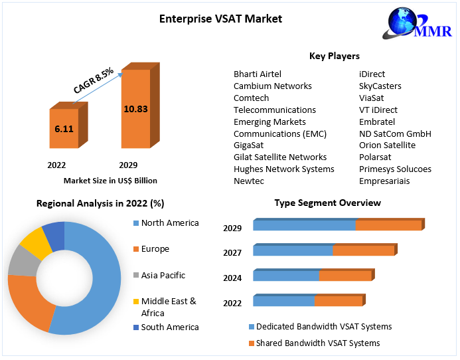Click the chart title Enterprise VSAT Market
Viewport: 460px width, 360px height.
pos(220,19)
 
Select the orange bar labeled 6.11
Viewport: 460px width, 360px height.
pos(64,128)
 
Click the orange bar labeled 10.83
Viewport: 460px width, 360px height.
pos(135,108)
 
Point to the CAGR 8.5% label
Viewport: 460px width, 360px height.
pos(93,78)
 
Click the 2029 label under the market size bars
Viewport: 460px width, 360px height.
pos(128,165)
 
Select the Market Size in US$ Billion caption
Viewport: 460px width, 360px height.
pos(110,180)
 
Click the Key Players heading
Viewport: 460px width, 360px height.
pos(335,56)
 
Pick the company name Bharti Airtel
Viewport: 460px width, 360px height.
pos(258,74)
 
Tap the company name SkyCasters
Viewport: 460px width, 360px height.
pos(380,86)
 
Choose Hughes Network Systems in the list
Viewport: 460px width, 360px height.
pos(283,169)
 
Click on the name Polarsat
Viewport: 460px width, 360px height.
pos(376,157)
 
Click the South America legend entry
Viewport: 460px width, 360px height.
pos(169,327)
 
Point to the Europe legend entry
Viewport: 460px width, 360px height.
pos(155,249)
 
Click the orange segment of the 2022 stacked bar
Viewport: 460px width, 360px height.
pos(338,301)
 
